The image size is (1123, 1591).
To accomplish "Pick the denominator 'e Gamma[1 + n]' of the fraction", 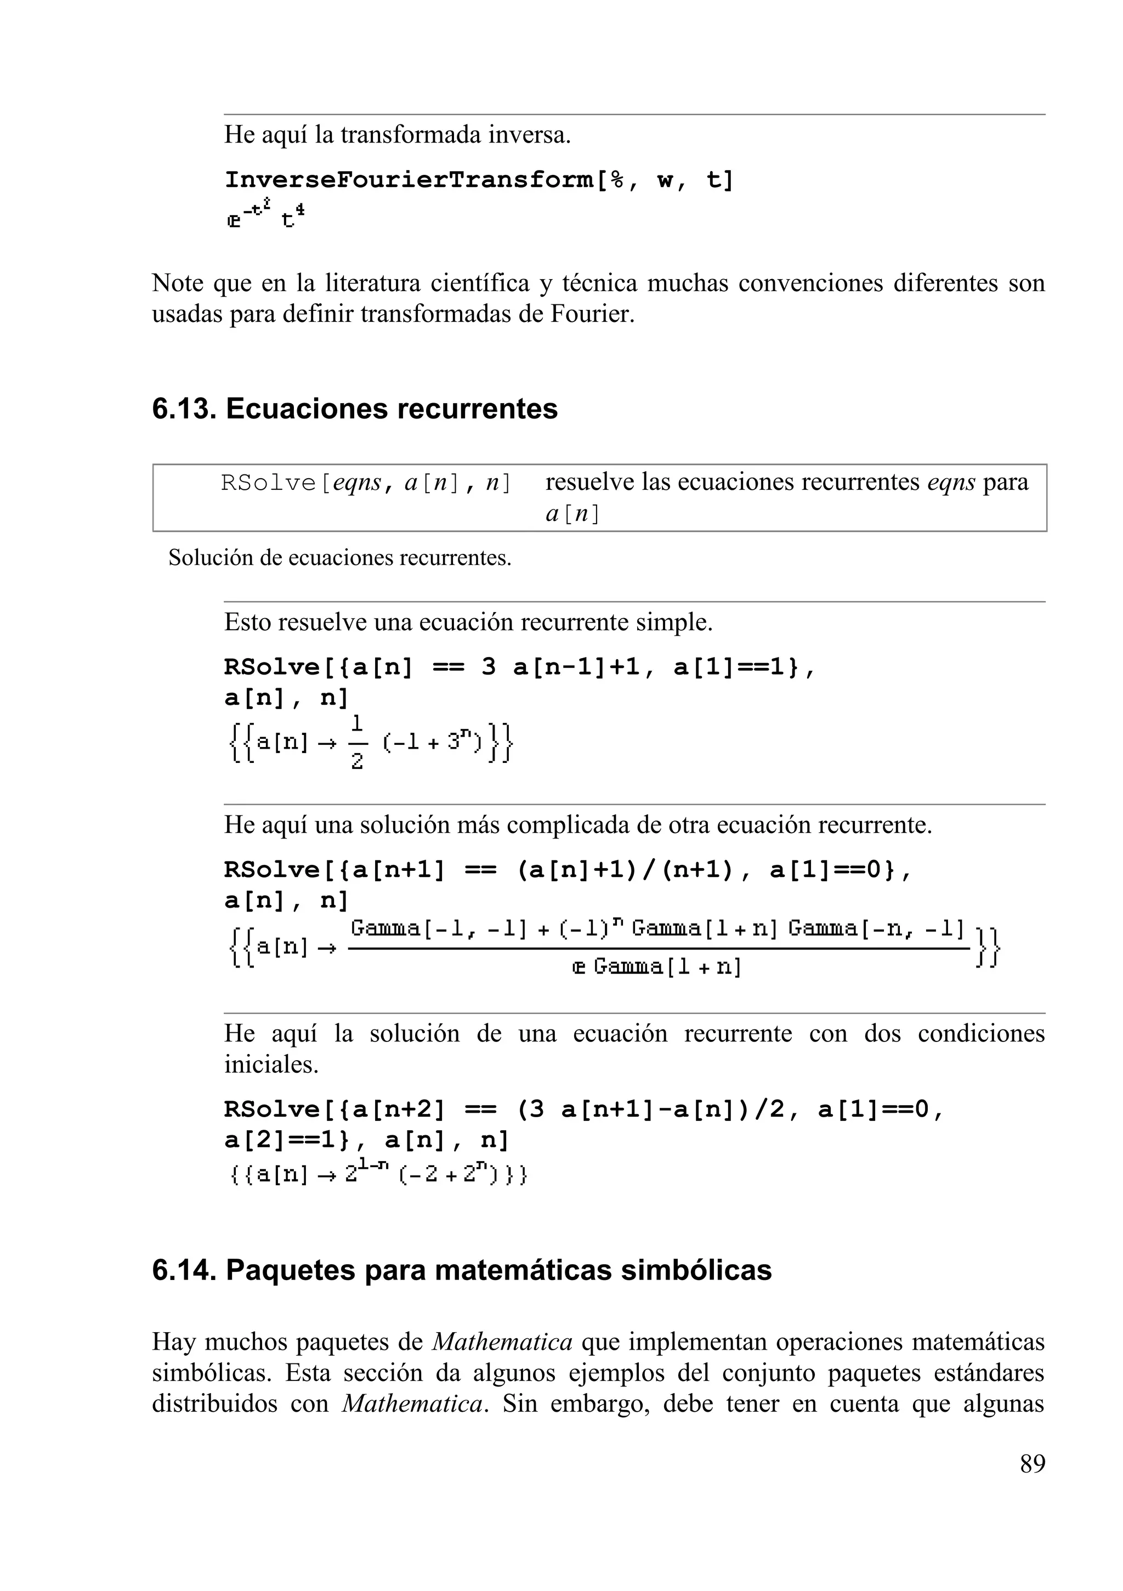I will [x=657, y=967].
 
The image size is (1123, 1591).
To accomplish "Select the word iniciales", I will [x=271, y=1065].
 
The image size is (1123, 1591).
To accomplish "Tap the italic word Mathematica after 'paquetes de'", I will [x=502, y=1341].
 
